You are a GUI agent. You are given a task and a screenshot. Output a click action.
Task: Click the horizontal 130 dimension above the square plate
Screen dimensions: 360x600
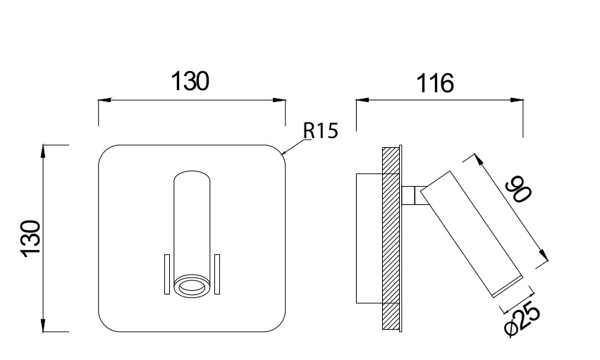coord(191,82)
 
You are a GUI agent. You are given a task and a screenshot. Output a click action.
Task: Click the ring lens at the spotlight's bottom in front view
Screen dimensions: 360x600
coord(191,285)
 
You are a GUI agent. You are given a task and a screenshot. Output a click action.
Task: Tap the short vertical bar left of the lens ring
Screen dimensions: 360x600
coord(166,274)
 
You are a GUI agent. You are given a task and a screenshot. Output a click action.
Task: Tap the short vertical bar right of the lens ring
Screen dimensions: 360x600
coord(218,274)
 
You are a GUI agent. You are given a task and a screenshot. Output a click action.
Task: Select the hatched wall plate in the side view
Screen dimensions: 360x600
coord(390,236)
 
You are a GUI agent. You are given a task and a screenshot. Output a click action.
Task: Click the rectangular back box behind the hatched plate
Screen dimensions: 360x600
coord(370,237)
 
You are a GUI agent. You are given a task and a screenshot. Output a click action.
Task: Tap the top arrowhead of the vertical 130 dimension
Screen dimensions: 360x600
coord(44,149)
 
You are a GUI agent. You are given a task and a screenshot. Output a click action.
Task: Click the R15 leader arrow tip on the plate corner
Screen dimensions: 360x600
coord(282,153)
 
